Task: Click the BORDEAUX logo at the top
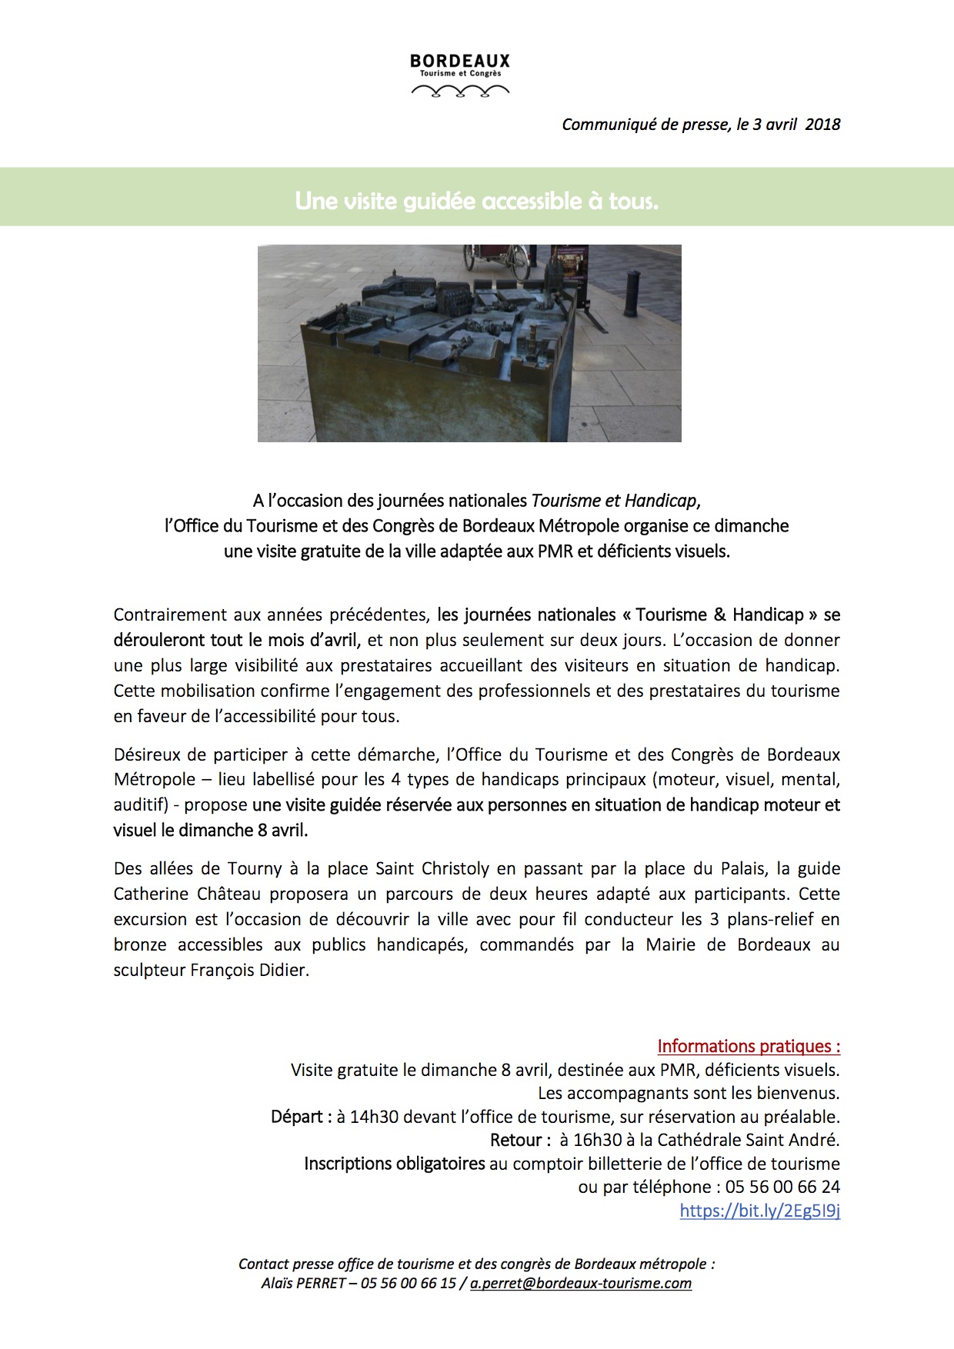click(460, 75)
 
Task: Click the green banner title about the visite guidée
click(476, 201)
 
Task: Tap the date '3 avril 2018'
click(796, 125)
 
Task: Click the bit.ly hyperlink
click(759, 1211)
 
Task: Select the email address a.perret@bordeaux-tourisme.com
click(581, 1283)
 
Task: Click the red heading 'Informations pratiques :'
click(749, 1046)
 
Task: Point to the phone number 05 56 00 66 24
click(782, 1187)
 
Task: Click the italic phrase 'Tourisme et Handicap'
click(613, 501)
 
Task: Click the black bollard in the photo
click(632, 293)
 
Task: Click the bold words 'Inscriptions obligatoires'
click(394, 1164)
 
